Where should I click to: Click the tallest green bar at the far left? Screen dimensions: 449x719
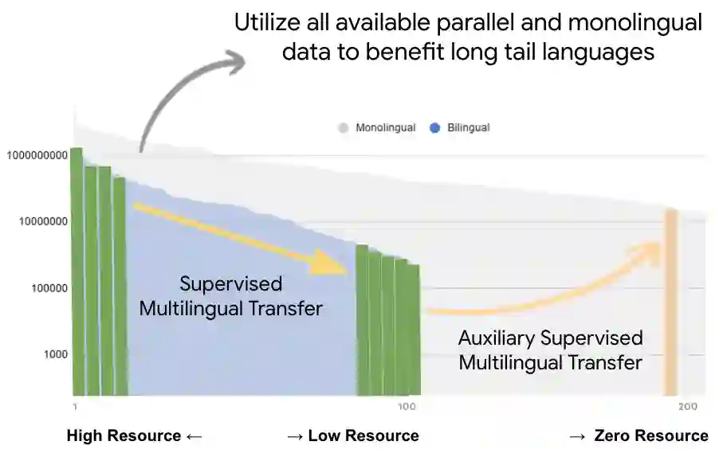point(77,271)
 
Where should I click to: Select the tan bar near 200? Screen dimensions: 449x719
point(671,303)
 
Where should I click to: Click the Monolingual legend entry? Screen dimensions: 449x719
point(378,127)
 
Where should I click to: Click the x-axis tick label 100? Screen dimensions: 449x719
point(407,408)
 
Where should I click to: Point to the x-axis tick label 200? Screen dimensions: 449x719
point(687,408)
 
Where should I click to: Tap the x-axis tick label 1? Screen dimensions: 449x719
point(74,408)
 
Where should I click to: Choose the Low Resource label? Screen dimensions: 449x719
point(352,435)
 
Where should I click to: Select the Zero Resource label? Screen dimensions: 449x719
point(639,435)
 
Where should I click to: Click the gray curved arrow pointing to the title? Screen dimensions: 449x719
point(171,88)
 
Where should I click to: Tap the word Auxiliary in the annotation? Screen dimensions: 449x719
point(495,338)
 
